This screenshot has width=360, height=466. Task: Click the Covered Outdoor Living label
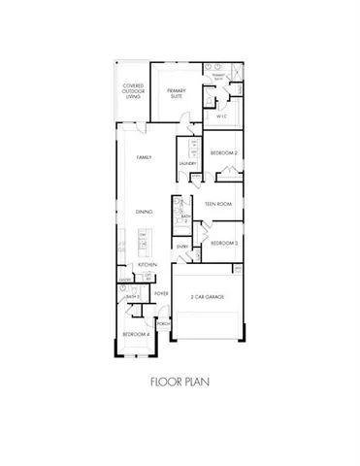(134, 90)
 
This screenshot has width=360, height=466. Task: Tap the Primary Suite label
(176, 93)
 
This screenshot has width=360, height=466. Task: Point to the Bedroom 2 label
(224, 153)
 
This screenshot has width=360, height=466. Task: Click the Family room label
(143, 158)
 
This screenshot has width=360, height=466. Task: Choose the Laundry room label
(187, 164)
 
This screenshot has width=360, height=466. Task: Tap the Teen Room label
(217, 204)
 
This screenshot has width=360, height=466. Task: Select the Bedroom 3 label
(224, 243)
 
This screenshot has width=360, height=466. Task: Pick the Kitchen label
(147, 265)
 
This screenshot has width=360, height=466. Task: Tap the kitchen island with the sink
(143, 242)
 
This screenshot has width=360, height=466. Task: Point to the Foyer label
(161, 292)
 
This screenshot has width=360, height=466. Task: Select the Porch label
(163, 324)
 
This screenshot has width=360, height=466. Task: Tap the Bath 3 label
(133, 296)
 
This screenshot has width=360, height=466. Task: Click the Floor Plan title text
(180, 383)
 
